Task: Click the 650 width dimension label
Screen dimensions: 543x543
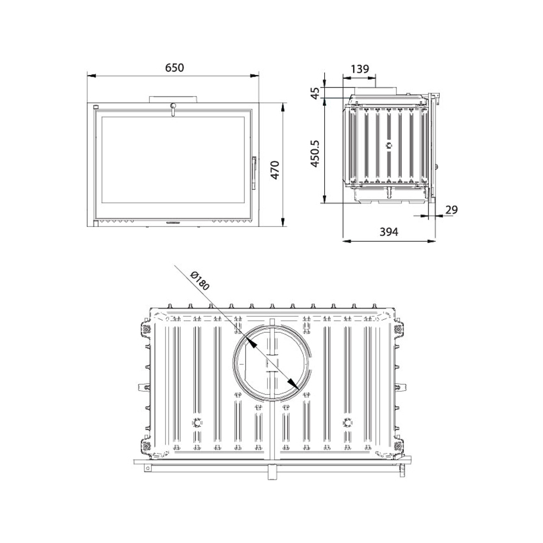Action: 174,68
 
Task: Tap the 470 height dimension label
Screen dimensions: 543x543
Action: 275,170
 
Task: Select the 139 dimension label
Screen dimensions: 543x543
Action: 360,70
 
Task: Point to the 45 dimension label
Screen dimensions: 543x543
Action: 315,93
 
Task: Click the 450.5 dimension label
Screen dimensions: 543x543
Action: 315,154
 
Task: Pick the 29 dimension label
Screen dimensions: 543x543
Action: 451,210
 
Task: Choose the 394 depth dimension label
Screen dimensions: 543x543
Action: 389,232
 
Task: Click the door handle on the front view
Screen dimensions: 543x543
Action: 254,173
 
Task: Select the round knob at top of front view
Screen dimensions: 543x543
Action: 173,106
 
